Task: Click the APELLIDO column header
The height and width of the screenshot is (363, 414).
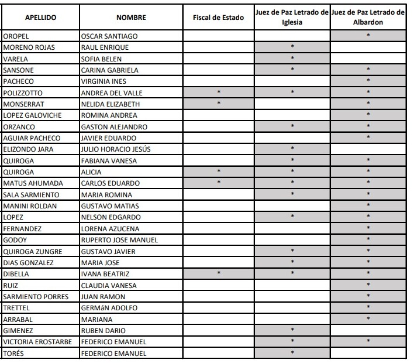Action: click(x=40, y=18)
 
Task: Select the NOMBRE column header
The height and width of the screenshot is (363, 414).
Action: click(x=131, y=18)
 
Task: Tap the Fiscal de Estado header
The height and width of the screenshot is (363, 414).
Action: click(x=218, y=18)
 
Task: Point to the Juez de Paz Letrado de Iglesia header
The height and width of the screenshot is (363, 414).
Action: click(x=292, y=18)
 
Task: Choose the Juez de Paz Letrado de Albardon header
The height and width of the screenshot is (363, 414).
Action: click(x=368, y=18)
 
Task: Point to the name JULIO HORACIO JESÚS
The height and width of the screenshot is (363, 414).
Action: click(x=116, y=149)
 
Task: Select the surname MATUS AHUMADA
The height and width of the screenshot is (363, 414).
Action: click(x=33, y=183)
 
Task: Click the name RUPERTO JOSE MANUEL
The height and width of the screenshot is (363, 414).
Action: click(x=119, y=240)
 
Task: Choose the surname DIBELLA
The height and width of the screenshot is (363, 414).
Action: click(x=16, y=274)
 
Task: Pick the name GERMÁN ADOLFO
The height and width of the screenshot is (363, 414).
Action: click(x=109, y=308)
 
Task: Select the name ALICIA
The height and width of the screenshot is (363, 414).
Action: click(x=91, y=172)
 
